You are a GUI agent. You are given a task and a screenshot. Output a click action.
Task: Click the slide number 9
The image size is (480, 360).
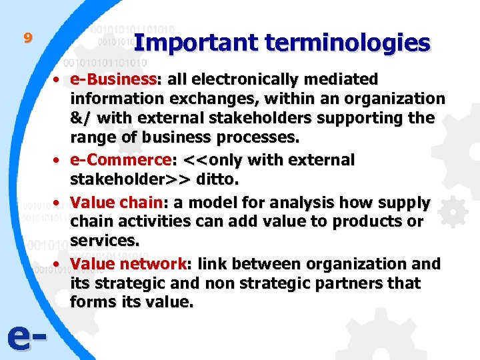27,38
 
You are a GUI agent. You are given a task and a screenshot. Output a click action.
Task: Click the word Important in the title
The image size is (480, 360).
195,43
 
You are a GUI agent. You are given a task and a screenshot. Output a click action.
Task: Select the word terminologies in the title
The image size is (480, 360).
347,43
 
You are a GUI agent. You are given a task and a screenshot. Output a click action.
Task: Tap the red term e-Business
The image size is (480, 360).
113,79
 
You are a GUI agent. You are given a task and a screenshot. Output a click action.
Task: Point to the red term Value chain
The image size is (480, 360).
117,202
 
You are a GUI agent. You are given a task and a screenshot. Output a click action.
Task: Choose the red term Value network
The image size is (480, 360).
127,263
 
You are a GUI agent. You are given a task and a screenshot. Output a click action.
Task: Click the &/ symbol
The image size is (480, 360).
83,119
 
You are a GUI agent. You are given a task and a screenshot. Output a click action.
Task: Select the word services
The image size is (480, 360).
101,241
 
